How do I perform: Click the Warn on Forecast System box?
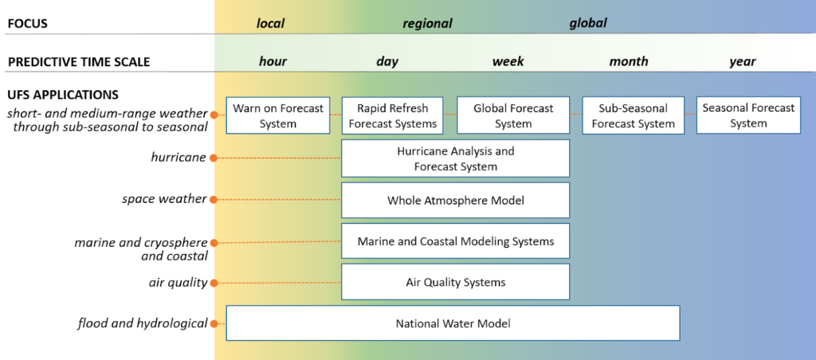click(x=278, y=115)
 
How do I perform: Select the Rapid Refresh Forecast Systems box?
click(x=392, y=115)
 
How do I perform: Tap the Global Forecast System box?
click(x=513, y=115)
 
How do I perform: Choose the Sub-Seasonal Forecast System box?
click(x=633, y=115)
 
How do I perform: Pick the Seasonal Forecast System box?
click(x=748, y=115)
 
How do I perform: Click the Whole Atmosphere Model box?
click(x=455, y=200)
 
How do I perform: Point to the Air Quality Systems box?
click(x=455, y=281)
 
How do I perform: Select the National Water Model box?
click(x=453, y=323)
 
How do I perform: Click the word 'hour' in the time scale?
click(x=273, y=61)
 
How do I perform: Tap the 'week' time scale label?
click(x=508, y=61)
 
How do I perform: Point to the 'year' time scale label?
click(x=743, y=62)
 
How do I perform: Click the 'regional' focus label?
click(x=427, y=23)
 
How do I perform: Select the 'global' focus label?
click(x=588, y=23)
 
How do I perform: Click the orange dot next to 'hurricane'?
click(x=214, y=158)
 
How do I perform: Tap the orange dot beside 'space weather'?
click(x=214, y=199)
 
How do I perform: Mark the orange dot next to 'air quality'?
click(x=214, y=283)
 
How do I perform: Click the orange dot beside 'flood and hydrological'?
click(x=214, y=323)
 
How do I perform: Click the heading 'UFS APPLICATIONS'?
click(x=63, y=96)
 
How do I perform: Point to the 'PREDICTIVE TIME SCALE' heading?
click(x=79, y=62)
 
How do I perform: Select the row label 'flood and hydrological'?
click(x=143, y=323)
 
